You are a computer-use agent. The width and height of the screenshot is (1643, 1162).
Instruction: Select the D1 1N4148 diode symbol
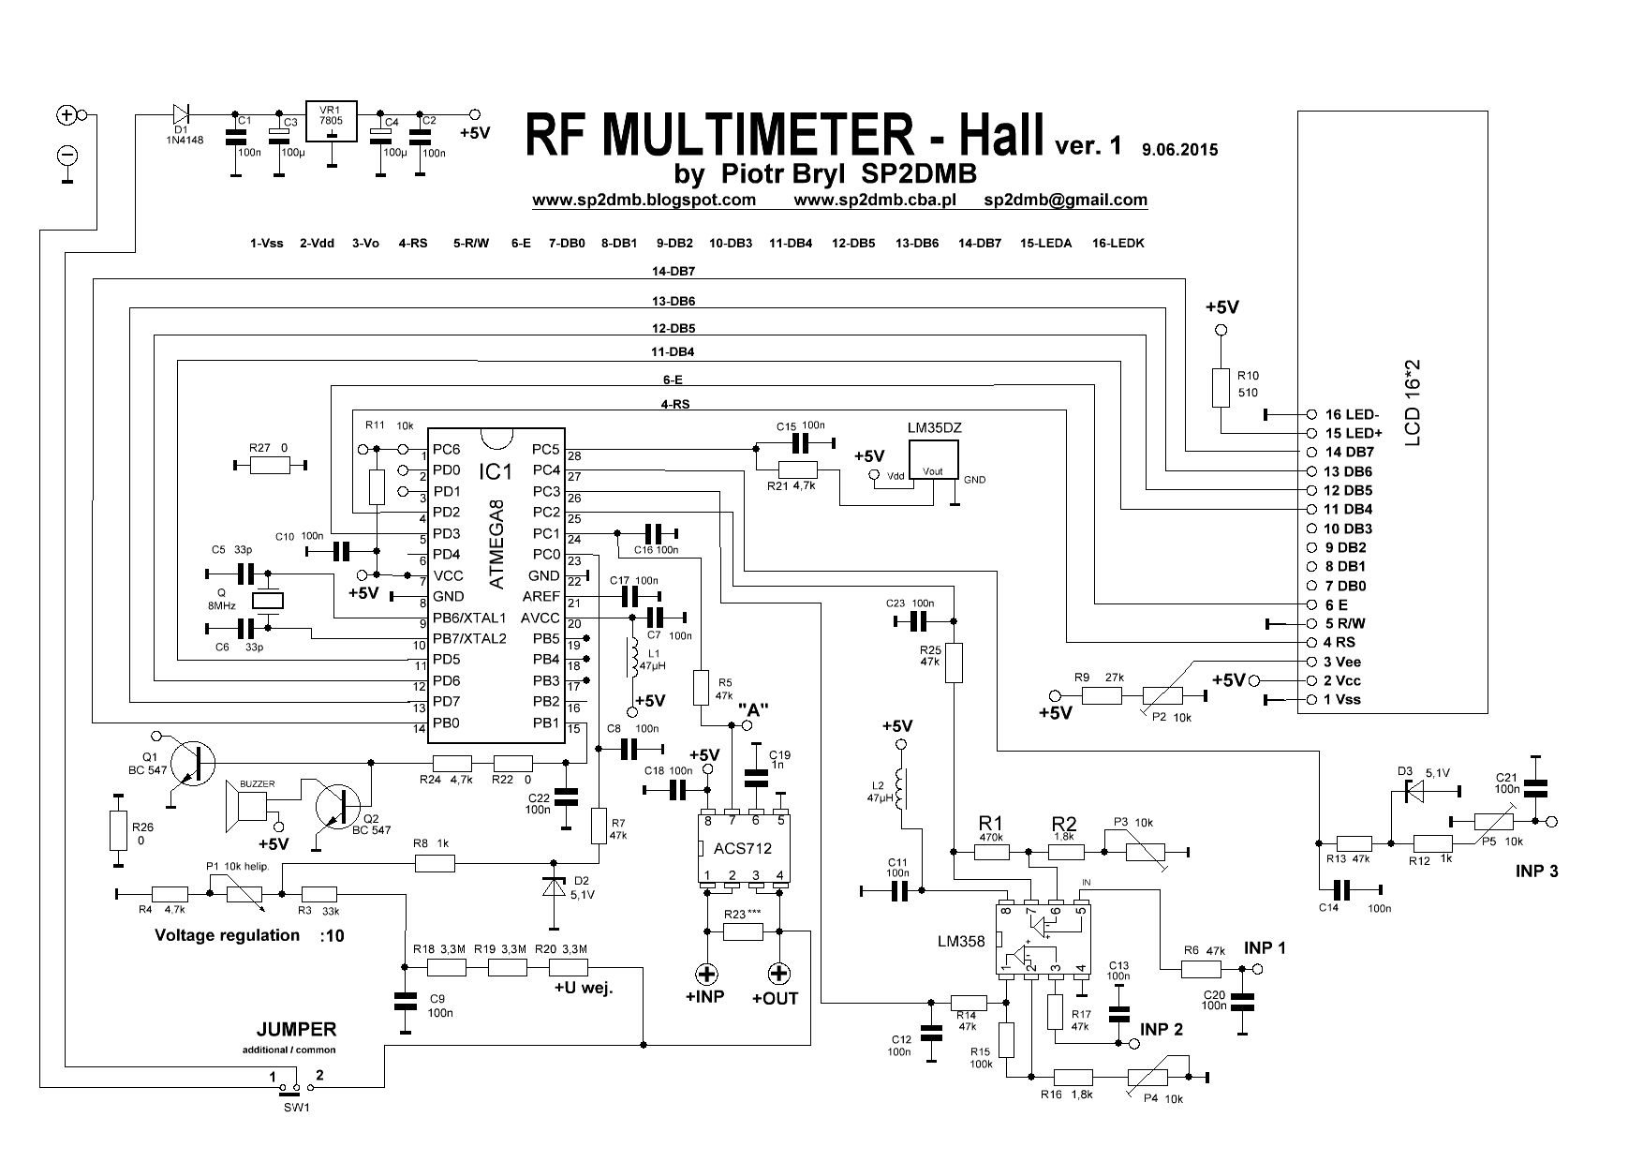(x=181, y=114)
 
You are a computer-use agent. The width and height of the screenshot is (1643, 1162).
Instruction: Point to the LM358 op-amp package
(x=1042, y=940)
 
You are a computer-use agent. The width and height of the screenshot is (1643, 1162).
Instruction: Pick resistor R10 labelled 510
(x=1220, y=386)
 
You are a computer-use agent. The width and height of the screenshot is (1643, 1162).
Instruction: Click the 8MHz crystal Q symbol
(x=269, y=601)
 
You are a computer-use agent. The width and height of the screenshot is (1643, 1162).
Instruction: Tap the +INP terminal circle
(x=705, y=972)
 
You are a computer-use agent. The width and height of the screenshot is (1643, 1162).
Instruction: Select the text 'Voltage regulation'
(x=227, y=935)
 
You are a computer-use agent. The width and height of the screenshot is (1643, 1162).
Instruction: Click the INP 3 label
(x=1536, y=871)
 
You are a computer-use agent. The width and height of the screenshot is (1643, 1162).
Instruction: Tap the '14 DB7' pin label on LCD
(x=1349, y=452)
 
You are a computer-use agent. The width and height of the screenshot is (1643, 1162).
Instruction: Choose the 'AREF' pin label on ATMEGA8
(x=540, y=597)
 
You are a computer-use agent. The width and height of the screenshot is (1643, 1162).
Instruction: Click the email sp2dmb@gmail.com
(x=1065, y=200)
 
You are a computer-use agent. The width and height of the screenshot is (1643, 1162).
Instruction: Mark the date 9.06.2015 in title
(x=1180, y=149)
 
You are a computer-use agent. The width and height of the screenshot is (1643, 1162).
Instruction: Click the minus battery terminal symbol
(x=67, y=155)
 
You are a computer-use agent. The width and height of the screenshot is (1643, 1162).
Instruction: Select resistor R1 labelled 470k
(x=990, y=852)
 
